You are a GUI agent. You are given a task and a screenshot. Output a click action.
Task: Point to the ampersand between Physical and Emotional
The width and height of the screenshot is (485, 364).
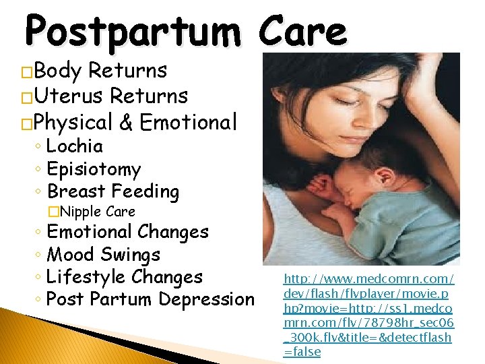pos(125,123)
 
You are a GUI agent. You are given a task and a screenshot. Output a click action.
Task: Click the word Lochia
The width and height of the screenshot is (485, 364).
pos(75,146)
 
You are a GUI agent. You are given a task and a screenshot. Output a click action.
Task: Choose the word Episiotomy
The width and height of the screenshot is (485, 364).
pos(94,169)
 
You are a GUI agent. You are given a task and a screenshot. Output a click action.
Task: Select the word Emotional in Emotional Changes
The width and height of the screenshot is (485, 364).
pos(90,232)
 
